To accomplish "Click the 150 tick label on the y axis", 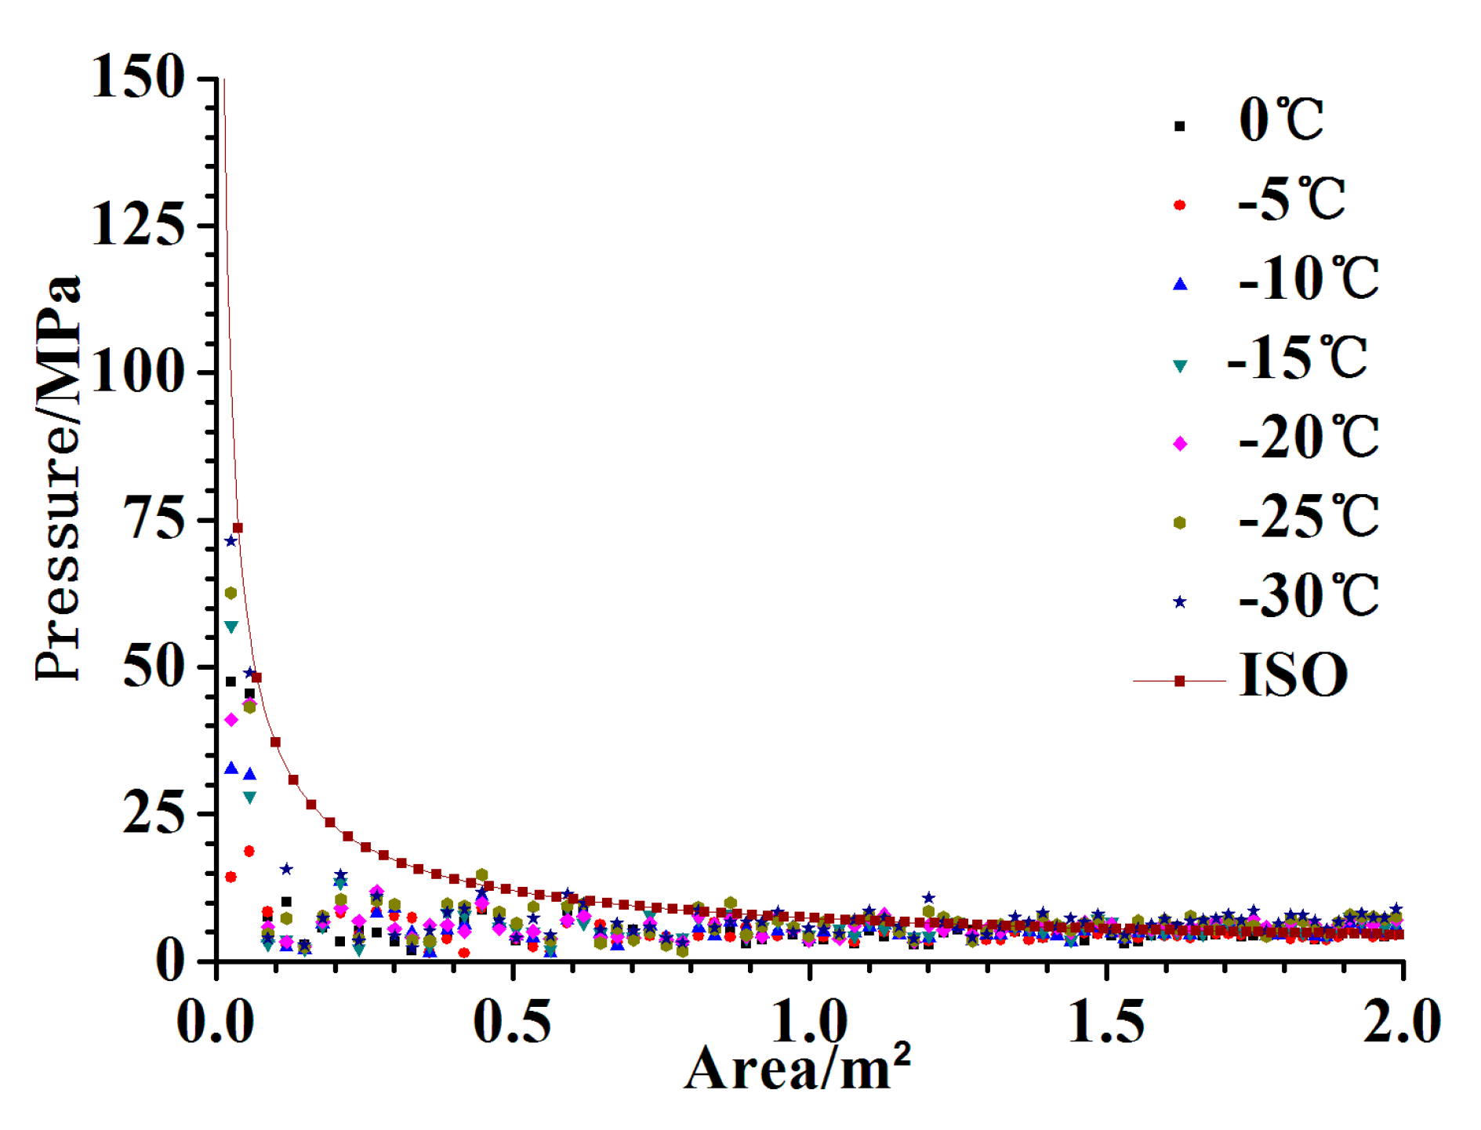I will [x=138, y=78].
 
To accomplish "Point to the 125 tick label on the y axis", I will [x=138, y=226].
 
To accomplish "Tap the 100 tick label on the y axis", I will [x=138, y=372].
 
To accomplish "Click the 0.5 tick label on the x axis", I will [x=512, y=1022].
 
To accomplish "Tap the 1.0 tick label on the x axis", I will [x=809, y=1022].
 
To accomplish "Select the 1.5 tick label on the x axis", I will [x=1106, y=1022].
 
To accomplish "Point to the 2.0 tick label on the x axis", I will [x=1402, y=1022].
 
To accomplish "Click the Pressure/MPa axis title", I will [x=58, y=478].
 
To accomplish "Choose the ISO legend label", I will [x=1293, y=675].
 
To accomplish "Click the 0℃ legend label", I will [x=1281, y=121].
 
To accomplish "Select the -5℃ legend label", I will [x=1291, y=200].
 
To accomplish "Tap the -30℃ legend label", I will [x=1308, y=597].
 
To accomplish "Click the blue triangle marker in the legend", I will [x=1180, y=284].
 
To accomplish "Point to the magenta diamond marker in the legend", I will [x=1180, y=444].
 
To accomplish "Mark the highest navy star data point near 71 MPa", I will [x=230, y=541].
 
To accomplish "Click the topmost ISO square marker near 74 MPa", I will [x=238, y=528].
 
